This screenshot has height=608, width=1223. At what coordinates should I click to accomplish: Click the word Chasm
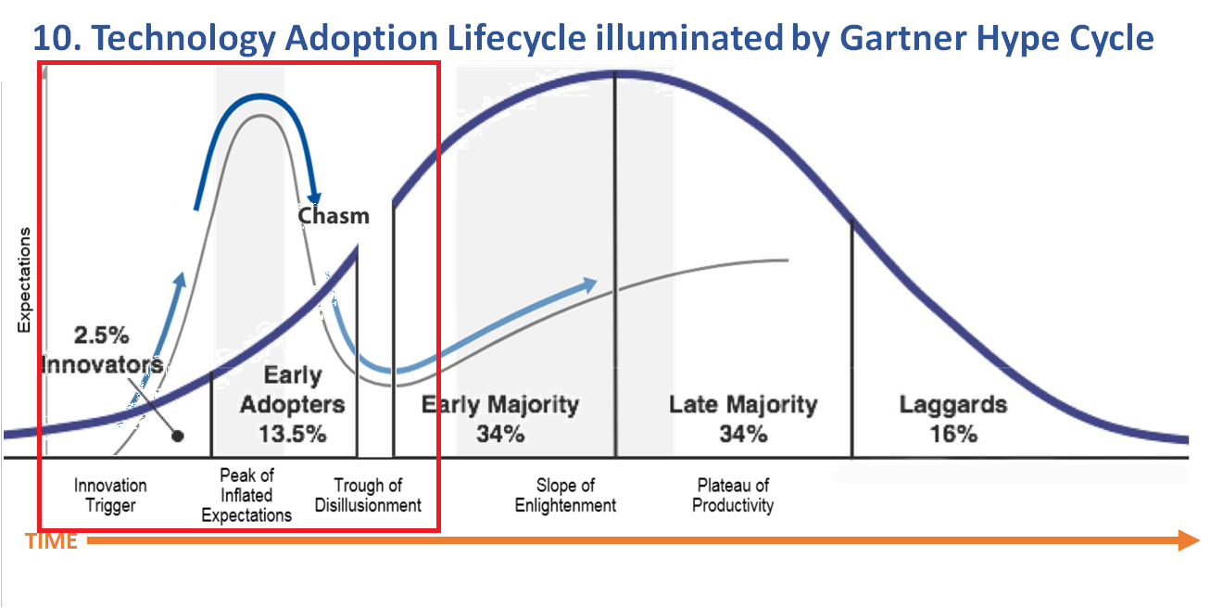coord(334,216)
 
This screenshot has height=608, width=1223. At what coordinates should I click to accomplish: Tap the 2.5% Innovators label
coord(102,349)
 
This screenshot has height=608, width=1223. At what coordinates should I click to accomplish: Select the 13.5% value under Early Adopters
coord(293,435)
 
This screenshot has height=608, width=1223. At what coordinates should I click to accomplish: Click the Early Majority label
coord(500,405)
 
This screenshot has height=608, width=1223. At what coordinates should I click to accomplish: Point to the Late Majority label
coord(743,405)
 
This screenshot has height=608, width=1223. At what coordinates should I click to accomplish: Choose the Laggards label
coord(953,405)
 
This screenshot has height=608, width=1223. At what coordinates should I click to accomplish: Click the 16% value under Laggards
coord(953,435)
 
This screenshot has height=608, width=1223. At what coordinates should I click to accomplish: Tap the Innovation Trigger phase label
coord(110,496)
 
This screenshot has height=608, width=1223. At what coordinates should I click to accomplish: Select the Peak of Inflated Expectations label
coord(246,496)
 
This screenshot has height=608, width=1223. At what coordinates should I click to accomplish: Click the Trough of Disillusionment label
coord(368,496)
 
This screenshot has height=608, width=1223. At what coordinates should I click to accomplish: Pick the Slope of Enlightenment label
coord(565,496)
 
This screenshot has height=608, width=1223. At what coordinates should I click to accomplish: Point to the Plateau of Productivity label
coord(733,496)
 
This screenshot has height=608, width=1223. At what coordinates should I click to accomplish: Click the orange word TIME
coord(51,541)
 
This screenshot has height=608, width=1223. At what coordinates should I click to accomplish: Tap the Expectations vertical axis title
coord(24,280)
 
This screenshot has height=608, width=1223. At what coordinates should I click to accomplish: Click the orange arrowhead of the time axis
coord(1189,540)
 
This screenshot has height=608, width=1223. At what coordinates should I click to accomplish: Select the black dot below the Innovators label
coord(178,436)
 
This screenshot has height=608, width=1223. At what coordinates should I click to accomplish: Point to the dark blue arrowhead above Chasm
coord(314,198)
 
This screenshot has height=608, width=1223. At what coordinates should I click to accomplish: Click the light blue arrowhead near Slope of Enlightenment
coord(588,285)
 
